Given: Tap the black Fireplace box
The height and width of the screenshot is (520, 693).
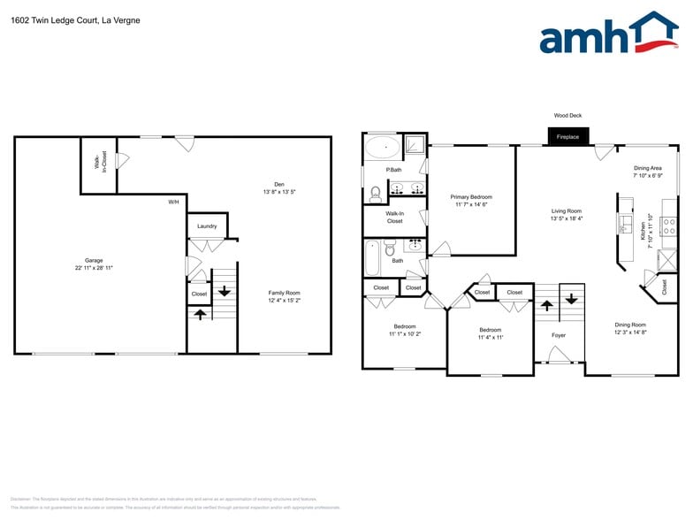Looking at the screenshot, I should (x=567, y=137).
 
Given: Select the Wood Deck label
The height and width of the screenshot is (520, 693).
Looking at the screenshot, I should (x=567, y=115).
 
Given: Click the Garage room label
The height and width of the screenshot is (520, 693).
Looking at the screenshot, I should (x=94, y=260).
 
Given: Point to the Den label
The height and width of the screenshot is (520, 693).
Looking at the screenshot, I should (x=279, y=184).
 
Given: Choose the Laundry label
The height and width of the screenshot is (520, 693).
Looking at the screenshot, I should (x=207, y=226).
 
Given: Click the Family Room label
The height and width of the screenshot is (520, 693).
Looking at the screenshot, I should (x=285, y=293).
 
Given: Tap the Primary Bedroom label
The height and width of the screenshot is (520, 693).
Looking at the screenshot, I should (x=471, y=197).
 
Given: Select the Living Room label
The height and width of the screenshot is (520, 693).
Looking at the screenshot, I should (x=566, y=211).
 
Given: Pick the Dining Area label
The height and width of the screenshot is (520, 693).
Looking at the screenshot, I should (x=647, y=168).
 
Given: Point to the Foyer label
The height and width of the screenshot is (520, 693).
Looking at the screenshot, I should (x=559, y=335).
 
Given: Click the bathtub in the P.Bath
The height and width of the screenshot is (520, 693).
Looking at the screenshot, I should (x=383, y=147).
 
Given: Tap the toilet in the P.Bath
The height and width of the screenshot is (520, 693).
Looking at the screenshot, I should (x=376, y=192).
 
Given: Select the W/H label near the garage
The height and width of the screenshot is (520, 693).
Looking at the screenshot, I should (x=173, y=203).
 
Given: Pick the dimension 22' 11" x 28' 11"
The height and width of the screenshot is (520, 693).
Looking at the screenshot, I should (x=94, y=267).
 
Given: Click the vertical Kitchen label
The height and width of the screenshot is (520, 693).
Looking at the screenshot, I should (x=643, y=231).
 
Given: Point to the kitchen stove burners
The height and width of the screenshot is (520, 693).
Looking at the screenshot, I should (x=669, y=231).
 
